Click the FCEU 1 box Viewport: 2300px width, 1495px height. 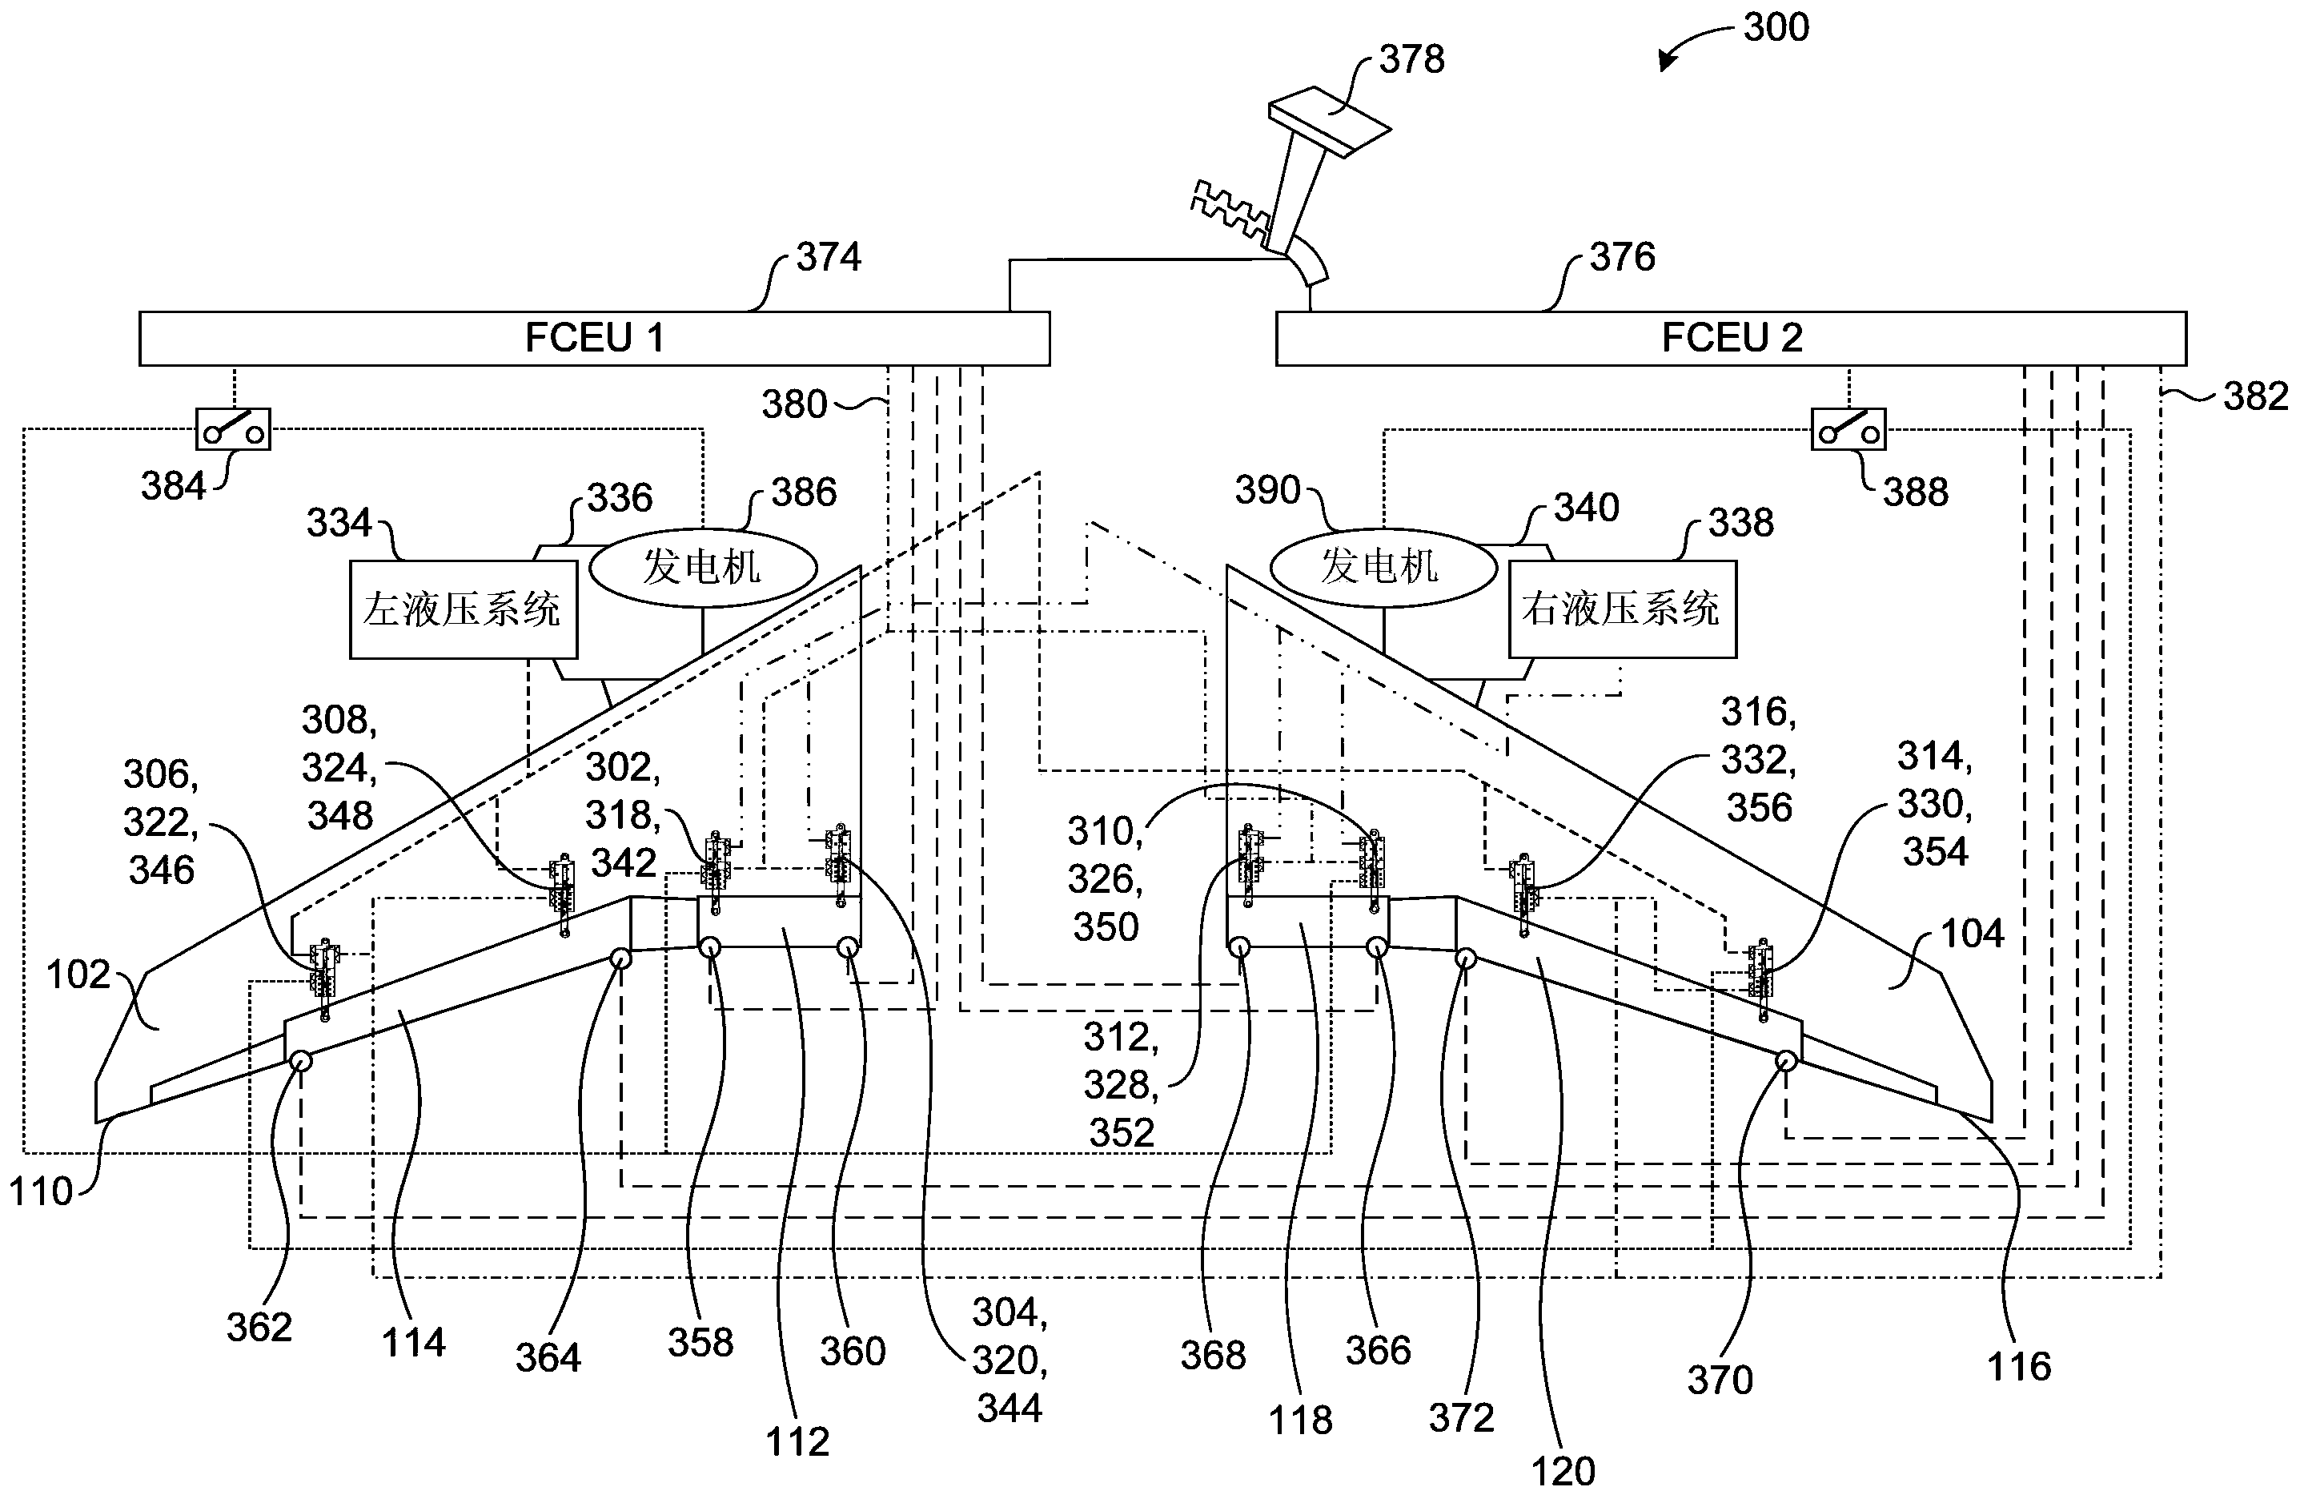(x=593, y=338)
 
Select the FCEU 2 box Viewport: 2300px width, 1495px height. (x=1730, y=338)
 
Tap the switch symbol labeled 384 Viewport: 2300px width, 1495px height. (x=233, y=429)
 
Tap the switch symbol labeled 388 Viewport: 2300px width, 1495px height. (x=1848, y=429)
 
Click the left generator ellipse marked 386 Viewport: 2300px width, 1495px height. (x=703, y=567)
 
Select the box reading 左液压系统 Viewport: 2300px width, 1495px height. (x=463, y=610)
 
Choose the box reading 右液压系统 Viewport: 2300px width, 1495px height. (x=1622, y=610)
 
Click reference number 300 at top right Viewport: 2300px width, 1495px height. (x=1776, y=27)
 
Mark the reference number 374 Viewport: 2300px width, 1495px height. (x=829, y=257)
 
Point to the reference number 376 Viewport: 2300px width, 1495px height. (x=1623, y=257)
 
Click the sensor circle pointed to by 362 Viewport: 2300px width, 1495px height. (x=300, y=1061)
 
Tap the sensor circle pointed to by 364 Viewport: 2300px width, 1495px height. (x=620, y=958)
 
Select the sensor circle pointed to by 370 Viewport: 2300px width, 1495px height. (x=1787, y=1061)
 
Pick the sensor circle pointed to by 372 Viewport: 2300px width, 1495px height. (x=1466, y=958)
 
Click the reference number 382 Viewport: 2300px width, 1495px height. (x=2255, y=396)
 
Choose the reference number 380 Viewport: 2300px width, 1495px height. (x=793, y=404)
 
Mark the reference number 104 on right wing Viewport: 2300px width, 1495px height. (x=1973, y=934)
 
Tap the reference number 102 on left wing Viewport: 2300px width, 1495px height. (x=78, y=975)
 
